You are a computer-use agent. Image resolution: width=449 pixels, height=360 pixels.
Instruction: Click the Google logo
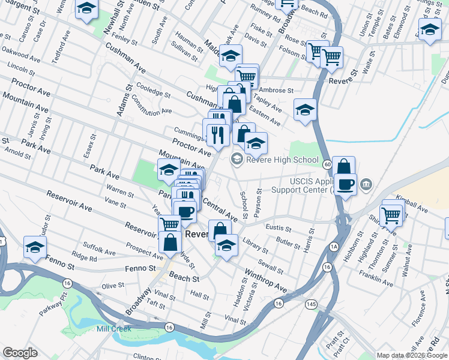click(x=20, y=353)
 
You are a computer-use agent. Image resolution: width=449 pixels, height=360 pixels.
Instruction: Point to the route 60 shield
click(x=327, y=164)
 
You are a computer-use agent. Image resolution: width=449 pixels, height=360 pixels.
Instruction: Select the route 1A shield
click(x=334, y=247)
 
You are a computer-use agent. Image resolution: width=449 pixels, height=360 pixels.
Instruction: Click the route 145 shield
click(x=310, y=304)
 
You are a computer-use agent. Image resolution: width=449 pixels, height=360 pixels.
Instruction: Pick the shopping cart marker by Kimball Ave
click(x=391, y=214)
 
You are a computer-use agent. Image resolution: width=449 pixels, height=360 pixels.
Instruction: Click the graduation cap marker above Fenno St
click(x=35, y=247)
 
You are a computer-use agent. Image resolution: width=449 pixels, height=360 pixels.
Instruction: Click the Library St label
click(x=255, y=246)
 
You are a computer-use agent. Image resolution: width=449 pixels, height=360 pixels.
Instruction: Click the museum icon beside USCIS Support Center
click(x=367, y=184)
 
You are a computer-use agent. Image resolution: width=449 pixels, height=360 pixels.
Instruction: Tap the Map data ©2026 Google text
click(x=412, y=355)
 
